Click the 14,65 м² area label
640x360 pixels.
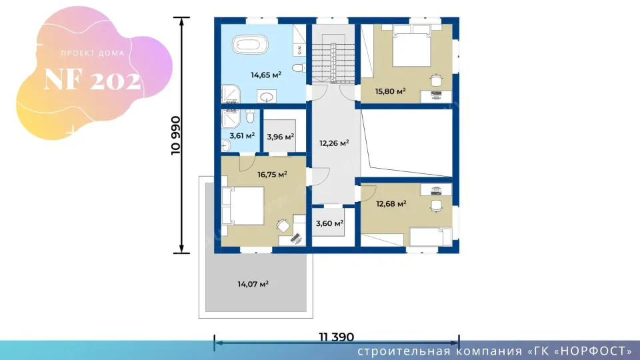click(266, 75)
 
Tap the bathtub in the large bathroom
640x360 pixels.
click(250, 45)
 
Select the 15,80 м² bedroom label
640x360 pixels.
click(390, 91)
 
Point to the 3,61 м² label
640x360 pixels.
click(242, 135)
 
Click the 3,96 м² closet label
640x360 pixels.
click(281, 137)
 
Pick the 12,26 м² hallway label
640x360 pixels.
click(334, 143)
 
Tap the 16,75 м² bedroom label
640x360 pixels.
click(272, 175)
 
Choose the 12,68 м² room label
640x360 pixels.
click(391, 204)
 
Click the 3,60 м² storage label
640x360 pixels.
click(329, 223)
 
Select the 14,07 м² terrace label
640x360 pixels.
click(253, 284)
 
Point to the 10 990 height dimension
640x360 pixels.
click(175, 135)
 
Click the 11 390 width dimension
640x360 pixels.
click(336, 337)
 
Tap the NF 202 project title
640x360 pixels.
click(93, 79)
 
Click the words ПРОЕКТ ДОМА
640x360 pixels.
click(93, 53)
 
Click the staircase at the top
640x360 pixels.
click(333, 63)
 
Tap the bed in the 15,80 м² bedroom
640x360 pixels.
click(411, 45)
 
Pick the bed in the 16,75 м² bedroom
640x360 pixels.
click(243, 206)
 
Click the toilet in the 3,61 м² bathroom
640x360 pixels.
click(251, 116)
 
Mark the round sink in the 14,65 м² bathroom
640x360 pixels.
click(267, 97)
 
